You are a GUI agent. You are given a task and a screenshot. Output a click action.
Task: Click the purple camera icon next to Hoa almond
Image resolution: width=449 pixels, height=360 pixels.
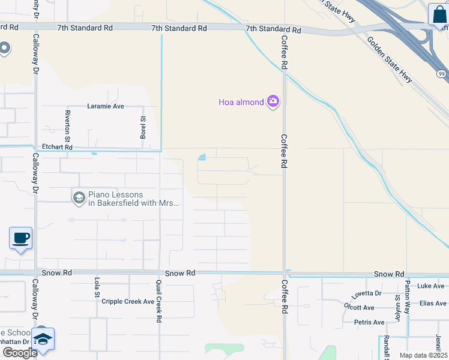tap(273, 101)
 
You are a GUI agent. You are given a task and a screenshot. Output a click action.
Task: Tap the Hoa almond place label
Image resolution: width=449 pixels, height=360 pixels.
tap(241, 102)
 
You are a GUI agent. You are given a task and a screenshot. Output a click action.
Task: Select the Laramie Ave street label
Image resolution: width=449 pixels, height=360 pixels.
tap(106, 106)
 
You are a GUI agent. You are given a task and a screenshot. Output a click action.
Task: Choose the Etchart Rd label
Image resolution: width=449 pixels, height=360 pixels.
tap(57, 147)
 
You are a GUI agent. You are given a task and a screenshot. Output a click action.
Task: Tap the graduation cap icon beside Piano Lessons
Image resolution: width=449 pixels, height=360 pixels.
tap(79, 198)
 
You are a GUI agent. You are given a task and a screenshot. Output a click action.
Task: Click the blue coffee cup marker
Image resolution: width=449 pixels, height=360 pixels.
tap(20, 238)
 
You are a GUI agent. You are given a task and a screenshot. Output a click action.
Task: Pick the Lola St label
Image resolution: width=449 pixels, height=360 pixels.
tap(96, 287)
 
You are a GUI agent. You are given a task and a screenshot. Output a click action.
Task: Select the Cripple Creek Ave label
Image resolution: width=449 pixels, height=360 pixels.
tap(128, 301)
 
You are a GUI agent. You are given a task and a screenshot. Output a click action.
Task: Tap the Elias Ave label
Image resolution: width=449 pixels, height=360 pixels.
tap(433, 304)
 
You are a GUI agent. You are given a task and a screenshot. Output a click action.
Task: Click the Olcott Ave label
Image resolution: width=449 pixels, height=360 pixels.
tap(359, 308)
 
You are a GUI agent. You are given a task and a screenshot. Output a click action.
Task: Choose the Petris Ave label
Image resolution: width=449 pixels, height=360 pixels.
tap(369, 322)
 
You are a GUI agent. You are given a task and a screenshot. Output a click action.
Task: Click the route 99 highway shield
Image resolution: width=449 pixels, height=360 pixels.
tap(441, 74)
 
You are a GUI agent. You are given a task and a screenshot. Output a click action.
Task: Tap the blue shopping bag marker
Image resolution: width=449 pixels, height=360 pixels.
tap(438, 14)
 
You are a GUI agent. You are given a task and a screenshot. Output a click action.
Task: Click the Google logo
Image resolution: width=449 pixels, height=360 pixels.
tap(20, 352)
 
